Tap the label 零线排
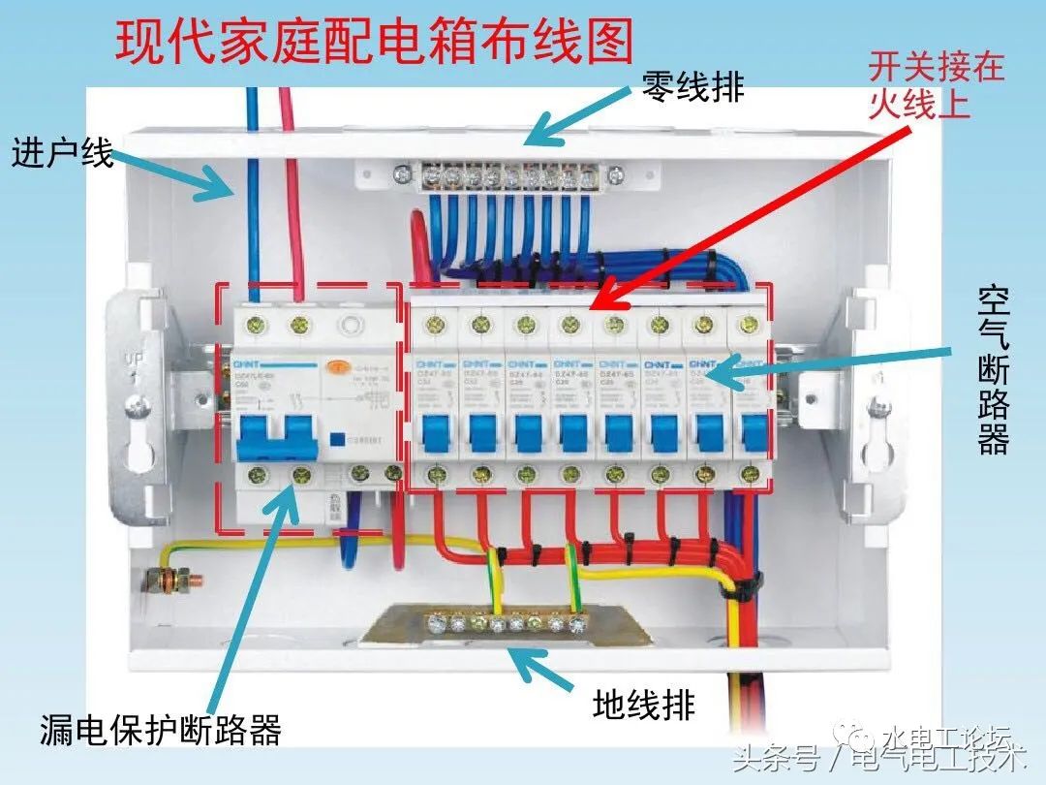pyautogui.click(x=693, y=86)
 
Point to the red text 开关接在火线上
pyautogui.click(x=935, y=85)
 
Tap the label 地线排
pyautogui.click(x=643, y=705)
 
